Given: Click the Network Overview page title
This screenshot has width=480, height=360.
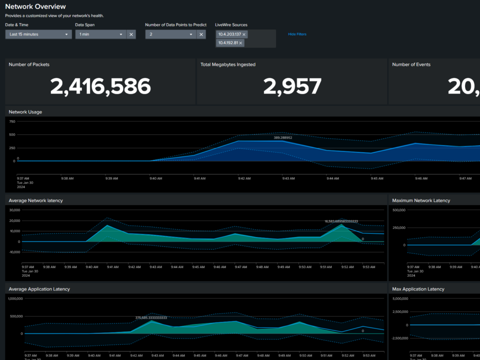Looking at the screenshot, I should tap(35, 6).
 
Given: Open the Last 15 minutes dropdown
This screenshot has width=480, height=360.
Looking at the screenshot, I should tap(38, 34).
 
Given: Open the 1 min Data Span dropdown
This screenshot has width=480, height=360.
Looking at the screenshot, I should tap(100, 34).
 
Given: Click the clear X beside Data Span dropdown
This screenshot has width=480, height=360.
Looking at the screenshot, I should tap(131, 34).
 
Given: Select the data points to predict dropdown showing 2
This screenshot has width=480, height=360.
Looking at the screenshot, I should tap(170, 34).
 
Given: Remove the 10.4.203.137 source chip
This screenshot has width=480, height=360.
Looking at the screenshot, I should tap(245, 34).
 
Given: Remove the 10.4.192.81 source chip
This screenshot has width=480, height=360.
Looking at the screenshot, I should tap(240, 43).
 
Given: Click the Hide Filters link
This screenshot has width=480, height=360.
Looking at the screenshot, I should tap(297, 34).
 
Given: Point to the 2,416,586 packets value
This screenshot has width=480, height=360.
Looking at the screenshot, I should tap(100, 86).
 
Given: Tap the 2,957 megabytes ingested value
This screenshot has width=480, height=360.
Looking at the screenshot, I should tap(292, 86).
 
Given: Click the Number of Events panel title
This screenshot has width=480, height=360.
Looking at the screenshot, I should tap(411, 64).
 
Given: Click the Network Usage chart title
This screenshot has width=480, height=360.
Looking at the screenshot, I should tap(25, 112).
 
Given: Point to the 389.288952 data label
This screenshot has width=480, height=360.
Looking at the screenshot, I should tap(283, 137).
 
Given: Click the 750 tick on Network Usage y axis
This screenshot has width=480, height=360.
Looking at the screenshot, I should tap(12, 121).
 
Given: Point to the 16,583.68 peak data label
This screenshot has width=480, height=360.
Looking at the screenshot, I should tap(341, 221).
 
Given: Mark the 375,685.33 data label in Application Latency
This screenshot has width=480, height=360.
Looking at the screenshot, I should tap(151, 317).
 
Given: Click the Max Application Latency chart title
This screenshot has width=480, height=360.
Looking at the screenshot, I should tap(418, 289).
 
